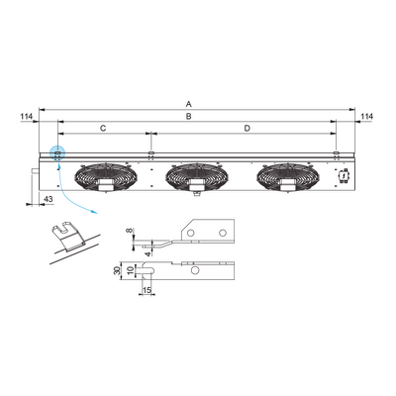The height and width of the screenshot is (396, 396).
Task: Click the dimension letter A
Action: pyautogui.click(x=188, y=104)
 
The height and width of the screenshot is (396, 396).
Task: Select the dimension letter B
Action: pyautogui.click(x=188, y=117)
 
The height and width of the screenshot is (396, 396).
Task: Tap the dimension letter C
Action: pyautogui.click(x=103, y=129)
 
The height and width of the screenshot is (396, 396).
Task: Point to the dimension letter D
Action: pyautogui.click(x=247, y=129)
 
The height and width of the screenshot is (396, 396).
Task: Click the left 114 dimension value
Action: pyautogui.click(x=27, y=117)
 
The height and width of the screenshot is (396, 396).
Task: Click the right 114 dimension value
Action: pyautogui.click(x=367, y=117)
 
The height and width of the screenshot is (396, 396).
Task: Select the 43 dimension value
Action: pyautogui.click(x=49, y=199)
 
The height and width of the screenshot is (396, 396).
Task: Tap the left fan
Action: pyautogui.click(x=106, y=177)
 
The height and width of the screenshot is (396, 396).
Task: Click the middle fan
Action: pyautogui.click(x=197, y=177)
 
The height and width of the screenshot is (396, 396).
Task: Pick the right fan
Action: pyautogui.click(x=288, y=177)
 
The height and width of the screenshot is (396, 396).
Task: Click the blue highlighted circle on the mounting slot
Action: pyautogui.click(x=57, y=153)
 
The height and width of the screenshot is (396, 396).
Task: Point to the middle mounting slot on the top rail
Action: pyautogui.click(x=150, y=153)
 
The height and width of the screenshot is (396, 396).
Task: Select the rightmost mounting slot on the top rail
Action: pyautogui.click(x=336, y=153)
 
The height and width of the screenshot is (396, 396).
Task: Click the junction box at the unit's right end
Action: pyautogui.click(x=344, y=175)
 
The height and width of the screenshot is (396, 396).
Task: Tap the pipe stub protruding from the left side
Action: pyautogui.click(x=35, y=171)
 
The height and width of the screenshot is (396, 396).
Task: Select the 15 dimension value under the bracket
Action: pyautogui.click(x=147, y=290)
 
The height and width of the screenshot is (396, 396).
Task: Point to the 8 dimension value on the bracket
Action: pyautogui.click(x=129, y=231)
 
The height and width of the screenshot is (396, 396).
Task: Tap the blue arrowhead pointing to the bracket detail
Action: pyautogui.click(x=95, y=212)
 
